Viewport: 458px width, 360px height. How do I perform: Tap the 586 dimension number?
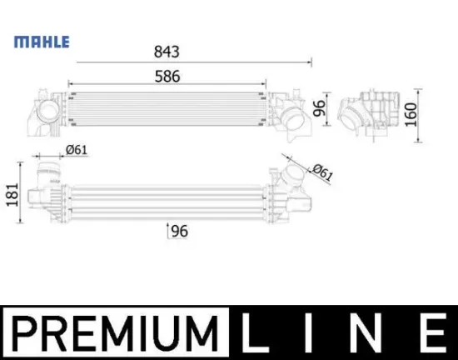(166, 75)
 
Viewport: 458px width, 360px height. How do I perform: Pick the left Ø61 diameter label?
(77, 150)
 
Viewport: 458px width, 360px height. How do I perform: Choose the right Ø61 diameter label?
(323, 174)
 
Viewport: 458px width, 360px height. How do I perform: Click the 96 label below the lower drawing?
(178, 232)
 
